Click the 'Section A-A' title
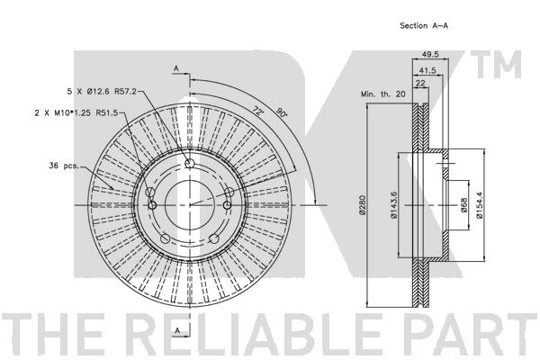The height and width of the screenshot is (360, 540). [424, 25]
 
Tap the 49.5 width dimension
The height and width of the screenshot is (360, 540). [430, 54]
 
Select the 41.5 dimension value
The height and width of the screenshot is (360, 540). [427, 70]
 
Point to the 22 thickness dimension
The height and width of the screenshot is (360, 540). [420, 83]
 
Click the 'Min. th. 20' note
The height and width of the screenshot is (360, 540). [383, 94]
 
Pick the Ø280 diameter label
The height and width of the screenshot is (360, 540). [362, 205]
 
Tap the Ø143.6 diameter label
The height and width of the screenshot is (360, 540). [393, 205]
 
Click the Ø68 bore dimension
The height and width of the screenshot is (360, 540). [463, 205]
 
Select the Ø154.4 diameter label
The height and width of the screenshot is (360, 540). [480, 205]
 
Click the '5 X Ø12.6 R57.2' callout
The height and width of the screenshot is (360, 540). [102, 92]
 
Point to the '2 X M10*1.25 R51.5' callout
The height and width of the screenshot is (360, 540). [76, 112]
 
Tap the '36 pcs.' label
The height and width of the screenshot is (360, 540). [64, 166]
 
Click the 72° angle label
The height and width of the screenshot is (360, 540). [257, 111]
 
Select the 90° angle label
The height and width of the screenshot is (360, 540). [282, 112]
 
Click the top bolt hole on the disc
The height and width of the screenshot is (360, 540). [189, 163]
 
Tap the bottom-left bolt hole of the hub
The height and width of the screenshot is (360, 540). [166, 238]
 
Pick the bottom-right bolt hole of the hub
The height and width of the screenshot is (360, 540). [214, 238]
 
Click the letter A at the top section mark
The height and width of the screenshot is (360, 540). [176, 68]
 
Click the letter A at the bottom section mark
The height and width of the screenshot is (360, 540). [177, 330]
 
